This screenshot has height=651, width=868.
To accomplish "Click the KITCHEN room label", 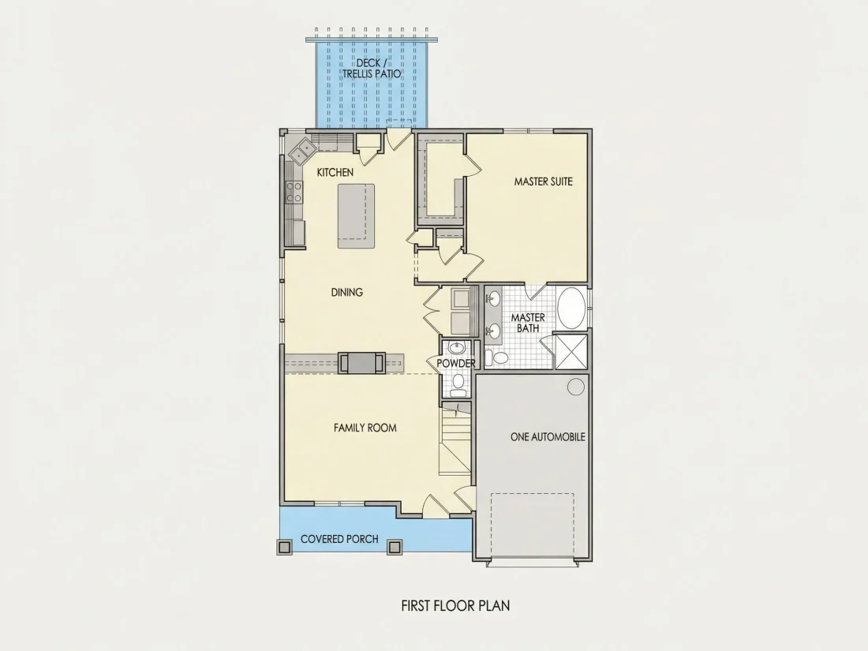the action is pos(335,173).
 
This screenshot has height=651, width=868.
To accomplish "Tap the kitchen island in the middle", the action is pos(356,216).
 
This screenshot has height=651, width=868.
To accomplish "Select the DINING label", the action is pos(347,292).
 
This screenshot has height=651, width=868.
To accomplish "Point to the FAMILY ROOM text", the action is pos(365,428).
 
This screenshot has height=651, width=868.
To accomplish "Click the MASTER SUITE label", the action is pos(543,181).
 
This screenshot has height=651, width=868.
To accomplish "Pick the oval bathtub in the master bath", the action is pos(571,308).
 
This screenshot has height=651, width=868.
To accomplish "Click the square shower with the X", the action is pos(571,351).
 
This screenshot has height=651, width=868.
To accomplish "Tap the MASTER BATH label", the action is pos(528,323).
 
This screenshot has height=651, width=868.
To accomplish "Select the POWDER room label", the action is pos(455,363).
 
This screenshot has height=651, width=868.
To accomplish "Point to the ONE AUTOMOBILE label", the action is pos(548,437).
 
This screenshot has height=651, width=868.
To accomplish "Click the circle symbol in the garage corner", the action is pos(576,387).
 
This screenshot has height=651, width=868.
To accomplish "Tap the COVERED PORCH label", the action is pos(339,539).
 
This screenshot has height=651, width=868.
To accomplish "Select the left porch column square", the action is pos(284,547).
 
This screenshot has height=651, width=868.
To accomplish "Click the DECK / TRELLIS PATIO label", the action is pos(372,68).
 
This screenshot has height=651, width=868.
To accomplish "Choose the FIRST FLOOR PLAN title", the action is pos(455,605).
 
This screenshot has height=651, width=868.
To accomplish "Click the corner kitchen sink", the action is pos(301,151).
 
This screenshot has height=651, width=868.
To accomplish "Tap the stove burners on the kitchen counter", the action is pos(294,192).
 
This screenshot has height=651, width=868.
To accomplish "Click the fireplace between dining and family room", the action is pos(361,363).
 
